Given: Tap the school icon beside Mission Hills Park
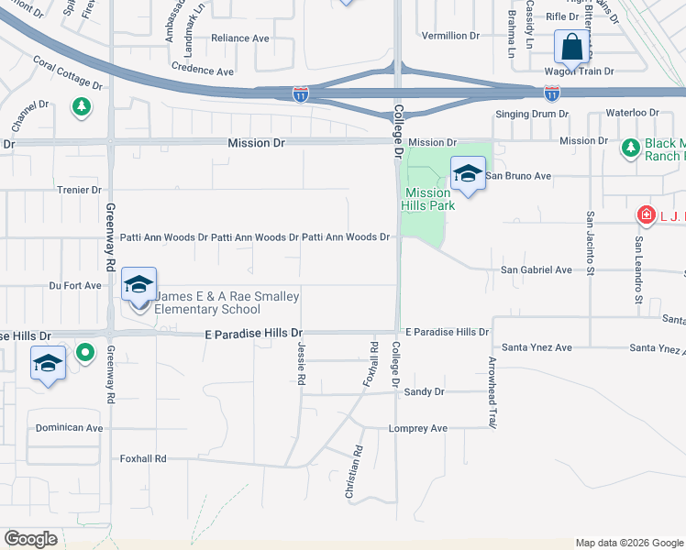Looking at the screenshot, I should pos(468,173).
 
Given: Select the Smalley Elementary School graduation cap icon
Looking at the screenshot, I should pos(138,285).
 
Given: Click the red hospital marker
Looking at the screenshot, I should pos(647,215).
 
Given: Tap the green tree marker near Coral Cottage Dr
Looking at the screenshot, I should pos(82,107).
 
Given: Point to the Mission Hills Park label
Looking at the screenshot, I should pos(427,199).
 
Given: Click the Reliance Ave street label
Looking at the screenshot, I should pos(240,38).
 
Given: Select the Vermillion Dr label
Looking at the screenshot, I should pos(450,36).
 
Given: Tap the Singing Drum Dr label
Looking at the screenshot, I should pos(532,114).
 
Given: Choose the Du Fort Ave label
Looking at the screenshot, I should pos(75,286).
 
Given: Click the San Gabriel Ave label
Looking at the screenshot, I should pos(536,270).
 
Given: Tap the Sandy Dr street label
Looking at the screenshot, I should pos(424,392).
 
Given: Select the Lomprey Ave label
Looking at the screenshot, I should pos(417,428).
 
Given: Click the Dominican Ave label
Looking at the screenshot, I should pos(69,428).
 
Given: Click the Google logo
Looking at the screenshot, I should pos(31,539).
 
